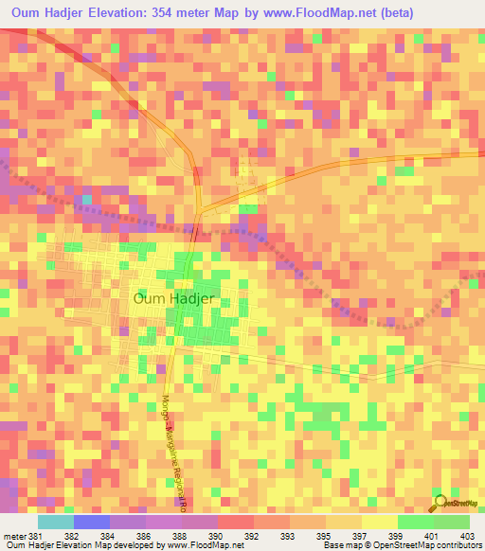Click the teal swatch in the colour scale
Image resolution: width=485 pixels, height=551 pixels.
click(56, 522)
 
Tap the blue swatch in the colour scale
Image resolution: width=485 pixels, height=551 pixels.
click(92, 522)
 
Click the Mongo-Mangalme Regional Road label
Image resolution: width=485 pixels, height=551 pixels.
click(175, 450)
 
